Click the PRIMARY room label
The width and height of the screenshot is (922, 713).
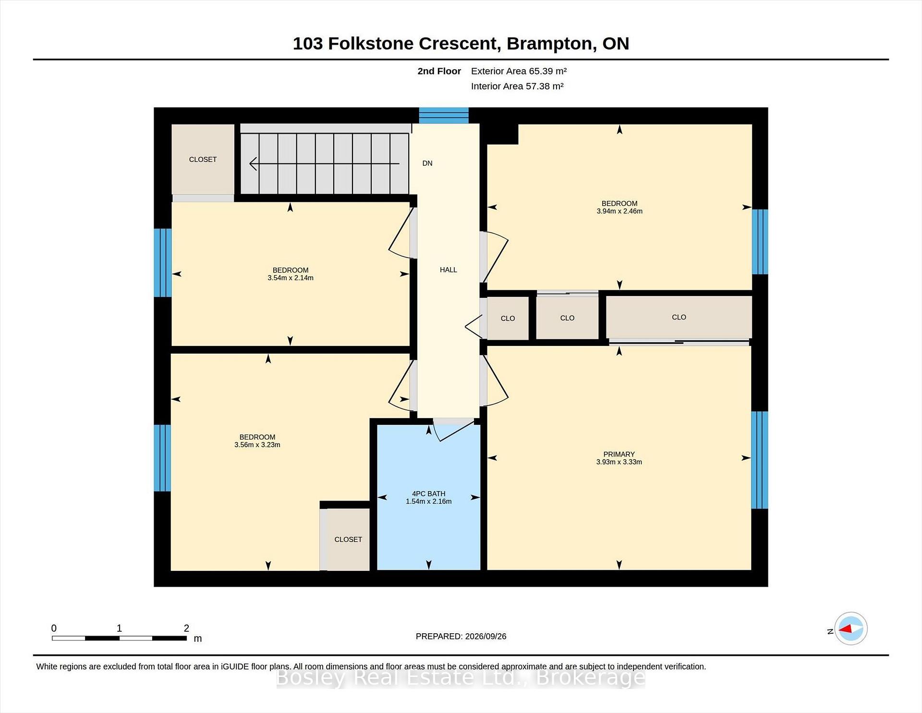point(619,454)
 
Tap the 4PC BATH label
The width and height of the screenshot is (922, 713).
point(429,493)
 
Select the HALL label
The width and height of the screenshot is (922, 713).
point(449,270)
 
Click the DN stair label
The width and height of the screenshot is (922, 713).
point(427,163)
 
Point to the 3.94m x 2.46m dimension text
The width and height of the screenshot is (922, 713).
point(619,211)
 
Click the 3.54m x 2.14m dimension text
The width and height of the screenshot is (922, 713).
point(291,278)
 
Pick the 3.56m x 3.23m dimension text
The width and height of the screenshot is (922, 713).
point(257,445)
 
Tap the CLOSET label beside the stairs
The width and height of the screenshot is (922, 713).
point(203,160)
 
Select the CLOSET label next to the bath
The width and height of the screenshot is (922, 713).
point(348,540)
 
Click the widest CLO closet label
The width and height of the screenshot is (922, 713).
point(679,317)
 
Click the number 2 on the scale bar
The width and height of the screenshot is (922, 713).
point(186,628)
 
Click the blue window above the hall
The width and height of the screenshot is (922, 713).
point(444,115)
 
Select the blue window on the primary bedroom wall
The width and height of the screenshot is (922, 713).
point(760,460)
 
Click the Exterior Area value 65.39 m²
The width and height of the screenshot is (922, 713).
point(548,71)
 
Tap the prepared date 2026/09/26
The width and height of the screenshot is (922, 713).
point(485,636)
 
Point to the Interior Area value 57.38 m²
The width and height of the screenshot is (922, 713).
point(545,86)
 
